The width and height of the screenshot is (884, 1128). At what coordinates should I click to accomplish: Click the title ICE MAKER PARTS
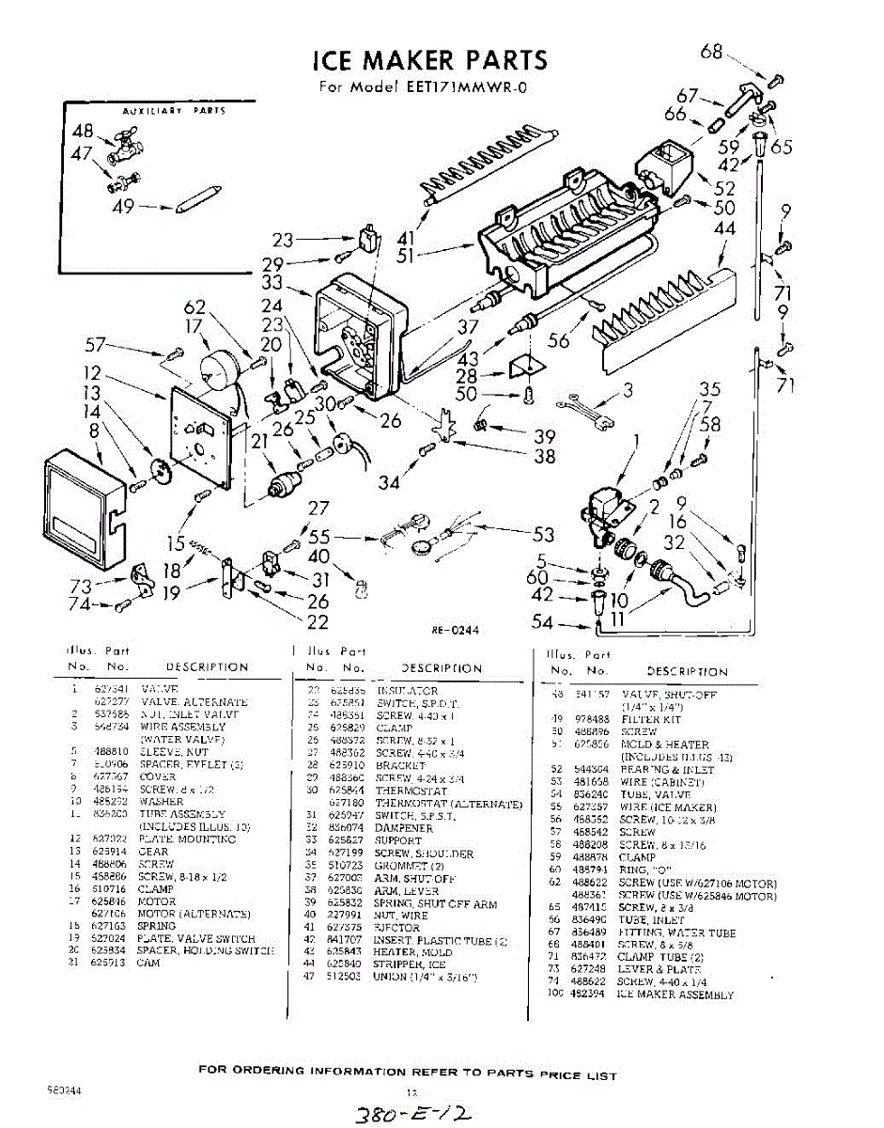(429, 61)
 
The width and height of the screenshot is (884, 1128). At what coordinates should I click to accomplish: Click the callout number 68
(712, 52)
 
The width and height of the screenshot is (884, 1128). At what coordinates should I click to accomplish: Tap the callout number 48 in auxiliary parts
(83, 131)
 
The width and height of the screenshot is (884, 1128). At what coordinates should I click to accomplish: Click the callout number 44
(724, 227)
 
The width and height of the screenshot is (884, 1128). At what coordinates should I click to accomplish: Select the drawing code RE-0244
(456, 631)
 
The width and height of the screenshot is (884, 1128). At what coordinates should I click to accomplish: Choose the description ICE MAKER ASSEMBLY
(675, 995)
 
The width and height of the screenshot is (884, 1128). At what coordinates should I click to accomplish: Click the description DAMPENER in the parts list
(404, 828)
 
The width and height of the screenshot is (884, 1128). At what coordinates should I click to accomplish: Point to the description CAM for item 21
(148, 963)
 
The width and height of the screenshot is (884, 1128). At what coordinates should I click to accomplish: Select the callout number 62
(194, 305)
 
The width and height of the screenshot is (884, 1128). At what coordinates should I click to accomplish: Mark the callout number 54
(542, 621)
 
